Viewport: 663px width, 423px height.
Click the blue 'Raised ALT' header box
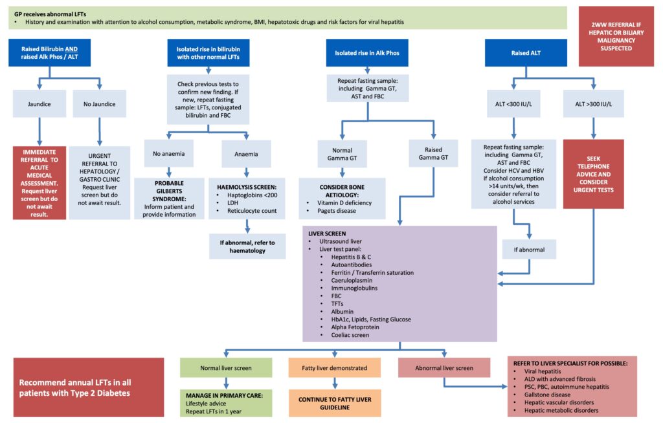pyautogui.click(x=526, y=53)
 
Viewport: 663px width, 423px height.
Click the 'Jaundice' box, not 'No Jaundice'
pyautogui.click(x=39, y=103)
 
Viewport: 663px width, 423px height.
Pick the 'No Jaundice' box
pyautogui.click(x=99, y=103)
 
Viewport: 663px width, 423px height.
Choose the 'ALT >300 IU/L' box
pyautogui.click(x=593, y=103)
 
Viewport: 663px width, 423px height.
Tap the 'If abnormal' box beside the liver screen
pyautogui.click(x=529, y=249)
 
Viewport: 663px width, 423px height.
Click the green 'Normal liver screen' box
pyautogui.click(x=226, y=368)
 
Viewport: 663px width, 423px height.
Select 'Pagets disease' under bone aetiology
pyautogui.click(x=335, y=211)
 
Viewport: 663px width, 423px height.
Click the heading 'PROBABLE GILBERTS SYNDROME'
pyautogui.click(x=170, y=191)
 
